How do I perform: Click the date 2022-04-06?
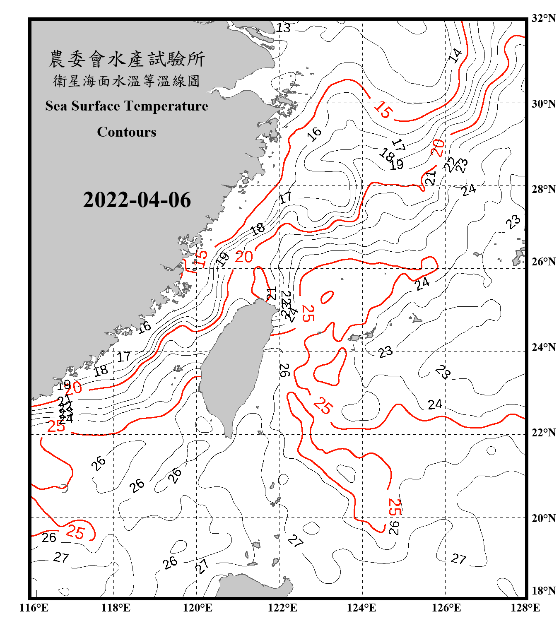137,200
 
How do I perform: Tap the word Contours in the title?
127,132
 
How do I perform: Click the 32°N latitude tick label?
543,18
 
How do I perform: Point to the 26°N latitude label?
543,262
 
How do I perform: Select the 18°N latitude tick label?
543,591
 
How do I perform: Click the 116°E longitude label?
34,608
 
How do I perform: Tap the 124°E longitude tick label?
361,608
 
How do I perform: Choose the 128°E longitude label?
525,608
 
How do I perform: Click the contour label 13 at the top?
283,28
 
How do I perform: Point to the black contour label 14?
455,55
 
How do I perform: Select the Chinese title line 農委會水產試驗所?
127,59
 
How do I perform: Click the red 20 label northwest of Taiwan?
244,257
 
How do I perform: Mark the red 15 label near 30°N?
383,110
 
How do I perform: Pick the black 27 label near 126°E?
458,559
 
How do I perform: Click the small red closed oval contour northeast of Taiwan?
327,297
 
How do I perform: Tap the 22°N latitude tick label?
543,433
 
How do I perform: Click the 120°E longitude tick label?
198,608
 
